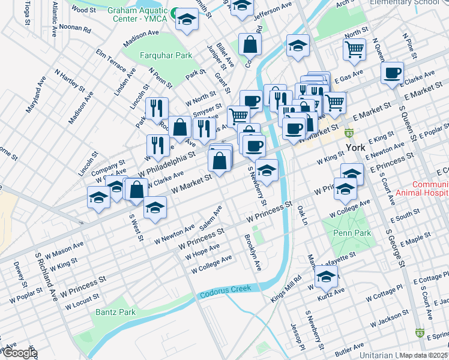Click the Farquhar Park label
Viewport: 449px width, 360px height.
[165, 56]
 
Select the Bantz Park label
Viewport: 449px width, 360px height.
[115, 312]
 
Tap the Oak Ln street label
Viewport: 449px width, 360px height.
[302, 214]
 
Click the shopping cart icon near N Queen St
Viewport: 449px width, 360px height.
[355, 50]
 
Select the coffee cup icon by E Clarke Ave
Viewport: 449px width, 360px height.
[392, 73]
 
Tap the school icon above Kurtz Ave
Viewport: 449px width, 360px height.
[326, 276]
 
